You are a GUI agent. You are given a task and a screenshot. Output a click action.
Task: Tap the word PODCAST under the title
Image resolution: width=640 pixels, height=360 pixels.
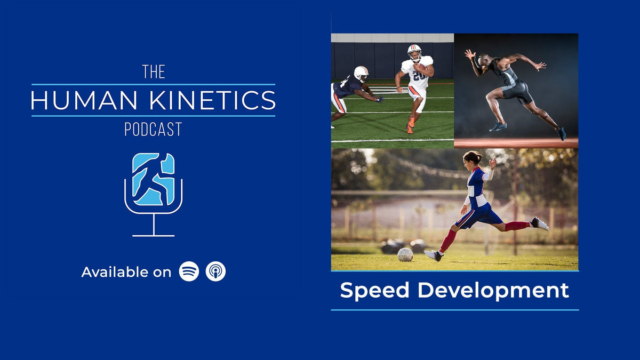[x=153, y=129]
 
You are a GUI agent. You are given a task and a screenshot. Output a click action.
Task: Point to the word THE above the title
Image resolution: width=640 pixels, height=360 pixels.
[x=154, y=72]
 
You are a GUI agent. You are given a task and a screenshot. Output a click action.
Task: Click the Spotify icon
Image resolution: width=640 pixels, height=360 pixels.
[x=189, y=271]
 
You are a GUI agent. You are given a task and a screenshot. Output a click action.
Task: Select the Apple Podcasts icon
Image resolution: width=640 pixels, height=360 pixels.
[x=216, y=271]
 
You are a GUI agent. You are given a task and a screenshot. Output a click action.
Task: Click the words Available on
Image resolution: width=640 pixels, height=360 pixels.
[x=126, y=272]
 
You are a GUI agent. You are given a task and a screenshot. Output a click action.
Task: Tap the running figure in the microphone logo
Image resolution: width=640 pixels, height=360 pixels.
[x=153, y=179]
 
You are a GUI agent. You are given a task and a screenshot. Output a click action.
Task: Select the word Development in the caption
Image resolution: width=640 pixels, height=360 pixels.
[x=493, y=291]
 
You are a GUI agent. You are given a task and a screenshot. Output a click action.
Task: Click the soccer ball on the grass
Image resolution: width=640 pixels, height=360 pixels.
[x=405, y=254]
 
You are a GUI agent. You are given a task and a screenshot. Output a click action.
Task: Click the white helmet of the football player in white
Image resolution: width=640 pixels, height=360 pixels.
[x=414, y=52]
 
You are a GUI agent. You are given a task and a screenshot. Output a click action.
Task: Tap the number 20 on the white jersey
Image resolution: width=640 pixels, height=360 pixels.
[x=419, y=76]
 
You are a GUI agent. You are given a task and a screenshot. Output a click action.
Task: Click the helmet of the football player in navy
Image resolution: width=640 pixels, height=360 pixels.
[x=361, y=73]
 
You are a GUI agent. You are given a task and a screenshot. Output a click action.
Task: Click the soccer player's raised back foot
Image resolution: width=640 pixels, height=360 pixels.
[x=540, y=223]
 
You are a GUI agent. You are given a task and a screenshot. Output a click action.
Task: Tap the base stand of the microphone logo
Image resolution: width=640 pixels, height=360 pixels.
[x=153, y=235]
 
